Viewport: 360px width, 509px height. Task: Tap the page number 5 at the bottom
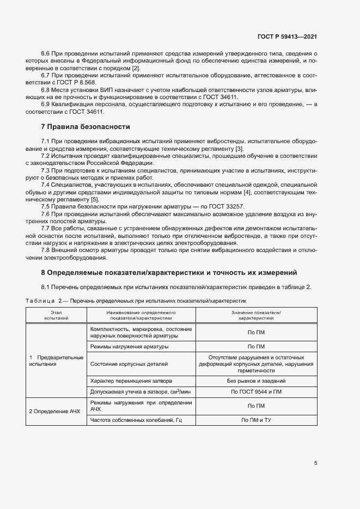315,463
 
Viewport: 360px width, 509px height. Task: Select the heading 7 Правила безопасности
86,126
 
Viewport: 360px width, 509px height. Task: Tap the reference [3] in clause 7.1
239,149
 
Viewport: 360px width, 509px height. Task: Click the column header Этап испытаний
56,314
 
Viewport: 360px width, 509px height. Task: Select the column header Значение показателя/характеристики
255,314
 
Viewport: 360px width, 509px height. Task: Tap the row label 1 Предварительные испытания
56,360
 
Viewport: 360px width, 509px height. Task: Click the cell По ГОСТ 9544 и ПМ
256,392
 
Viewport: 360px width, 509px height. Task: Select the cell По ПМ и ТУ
256,420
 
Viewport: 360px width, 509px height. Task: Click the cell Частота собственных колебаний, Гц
136,420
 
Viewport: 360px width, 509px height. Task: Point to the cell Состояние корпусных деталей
129,364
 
